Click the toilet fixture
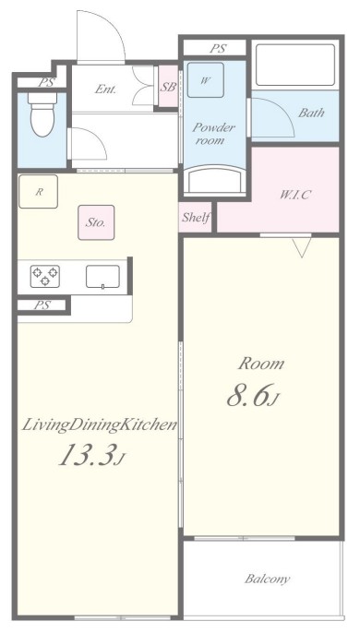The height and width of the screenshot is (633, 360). tap(42, 114)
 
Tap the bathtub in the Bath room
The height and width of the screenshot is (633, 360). tap(295, 65)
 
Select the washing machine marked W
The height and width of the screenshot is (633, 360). tap(205, 80)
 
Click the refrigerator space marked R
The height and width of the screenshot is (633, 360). tap(39, 192)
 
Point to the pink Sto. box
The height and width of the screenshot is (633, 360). tap(96, 222)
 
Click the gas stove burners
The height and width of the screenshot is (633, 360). tap(45, 276)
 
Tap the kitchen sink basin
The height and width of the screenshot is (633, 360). tap(102, 277)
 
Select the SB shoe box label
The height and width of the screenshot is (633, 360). tap(168, 87)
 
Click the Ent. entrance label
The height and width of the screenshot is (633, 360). tap(106, 90)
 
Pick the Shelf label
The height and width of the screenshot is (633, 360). tap(196, 218)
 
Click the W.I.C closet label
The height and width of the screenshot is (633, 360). tap(295, 195)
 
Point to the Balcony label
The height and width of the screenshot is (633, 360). tap(267, 579)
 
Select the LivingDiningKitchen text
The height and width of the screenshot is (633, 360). tap(99, 425)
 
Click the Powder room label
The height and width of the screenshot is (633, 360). tap(213, 134)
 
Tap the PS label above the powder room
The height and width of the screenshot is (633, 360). tap(218, 49)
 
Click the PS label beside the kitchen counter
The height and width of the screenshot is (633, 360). tap(42, 305)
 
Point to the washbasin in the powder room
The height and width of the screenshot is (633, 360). tap(214, 180)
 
